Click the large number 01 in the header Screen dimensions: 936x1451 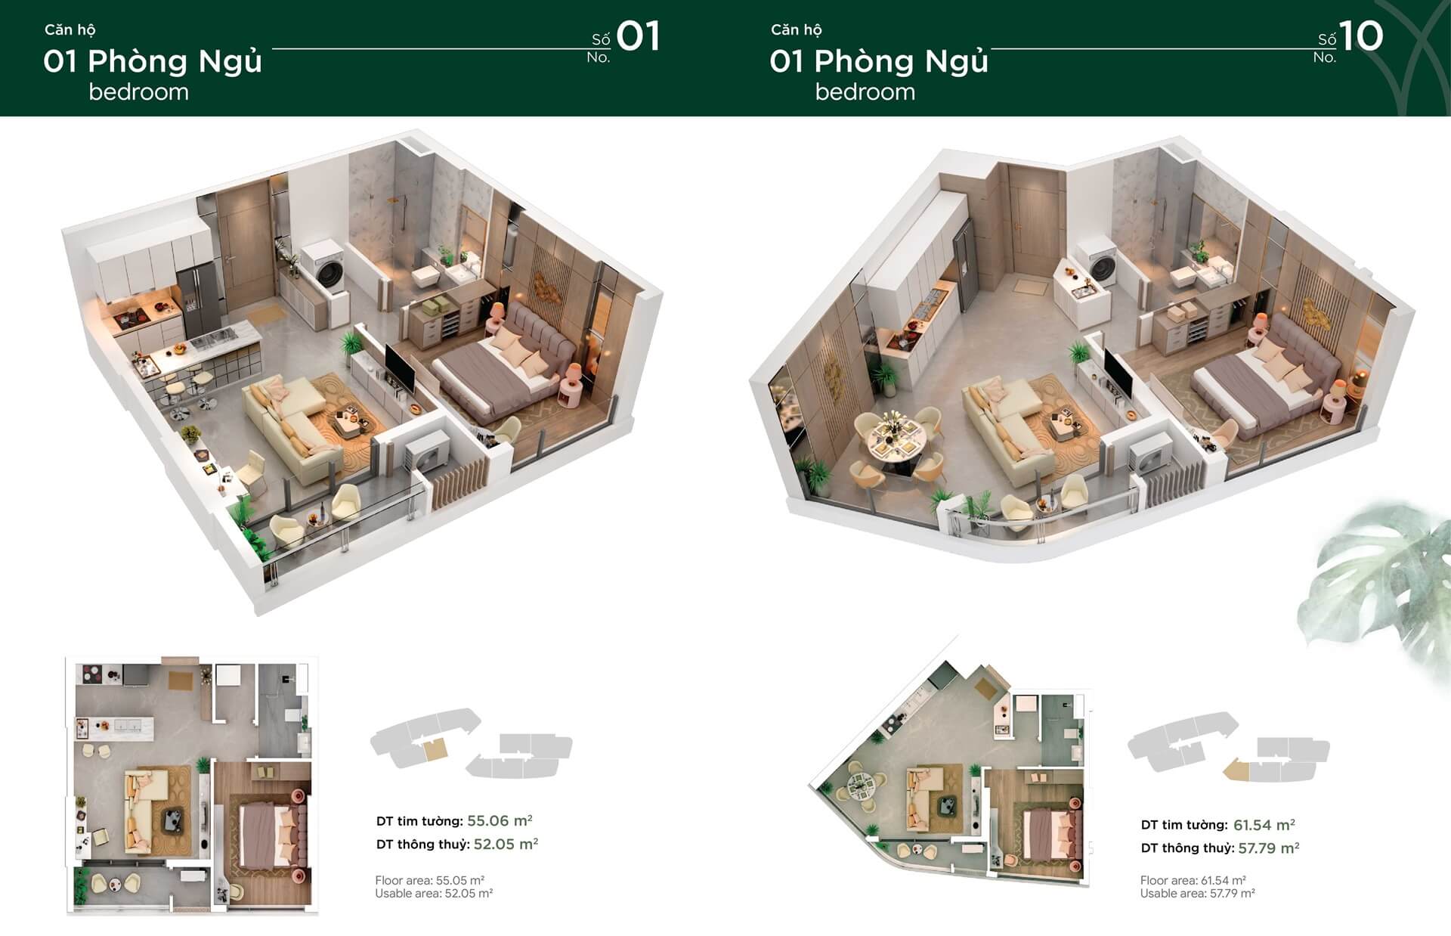[639, 36]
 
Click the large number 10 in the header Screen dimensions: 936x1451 [1361, 36]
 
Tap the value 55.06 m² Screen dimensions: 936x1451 [500, 820]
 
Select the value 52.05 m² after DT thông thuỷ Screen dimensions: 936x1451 [506, 844]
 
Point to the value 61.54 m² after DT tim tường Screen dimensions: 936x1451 [1264, 825]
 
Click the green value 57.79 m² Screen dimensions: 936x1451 [1268, 848]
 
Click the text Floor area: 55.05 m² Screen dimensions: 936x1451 [429, 880]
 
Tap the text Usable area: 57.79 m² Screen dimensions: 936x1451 [1197, 893]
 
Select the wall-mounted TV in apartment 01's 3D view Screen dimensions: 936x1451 [400, 369]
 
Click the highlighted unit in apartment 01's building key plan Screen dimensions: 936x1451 [435, 750]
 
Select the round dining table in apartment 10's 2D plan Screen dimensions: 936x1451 [858, 788]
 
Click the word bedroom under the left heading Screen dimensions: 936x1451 [138, 92]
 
